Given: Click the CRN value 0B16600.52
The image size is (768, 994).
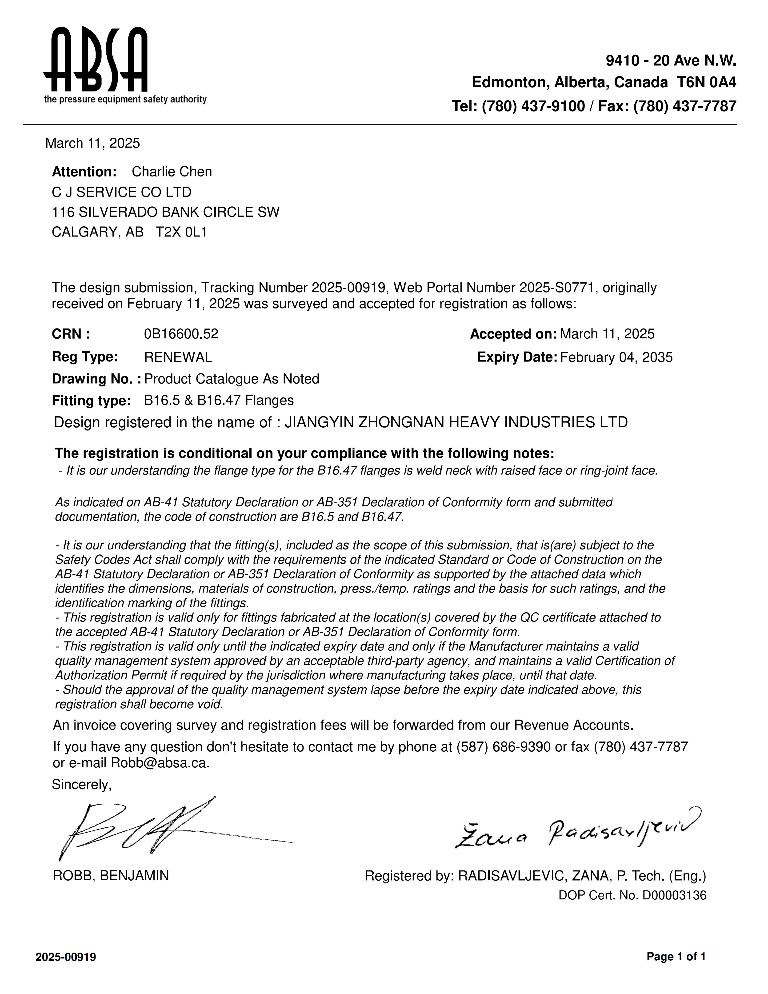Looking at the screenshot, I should click(181, 334).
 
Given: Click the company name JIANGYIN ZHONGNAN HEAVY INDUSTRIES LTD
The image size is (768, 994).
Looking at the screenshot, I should click(456, 422).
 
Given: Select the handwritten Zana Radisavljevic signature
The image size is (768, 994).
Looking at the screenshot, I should click(578, 832).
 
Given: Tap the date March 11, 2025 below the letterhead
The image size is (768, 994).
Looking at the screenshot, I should click(92, 143).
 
